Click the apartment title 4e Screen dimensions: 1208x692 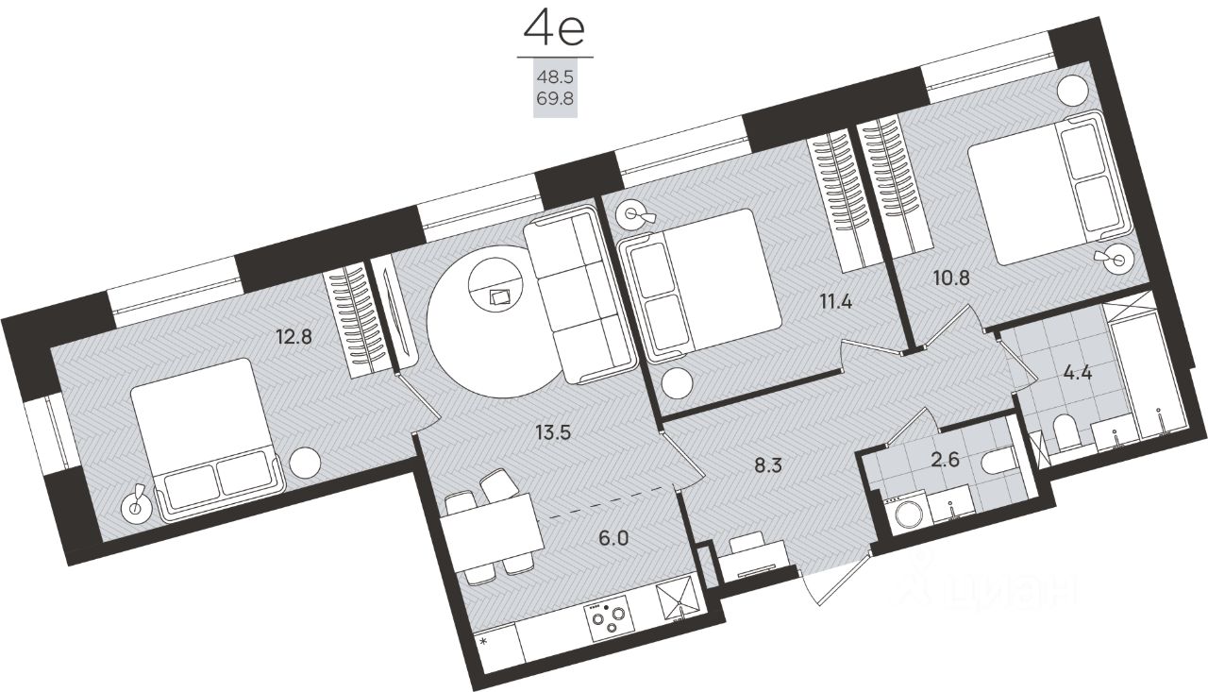(x=554, y=31)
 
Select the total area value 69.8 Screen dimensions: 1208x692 (x=555, y=99)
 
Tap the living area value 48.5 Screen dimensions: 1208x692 (x=555, y=77)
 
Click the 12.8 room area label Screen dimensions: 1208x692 (x=294, y=338)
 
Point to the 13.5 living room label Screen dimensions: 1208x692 (x=553, y=432)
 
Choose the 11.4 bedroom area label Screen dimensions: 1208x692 (x=835, y=301)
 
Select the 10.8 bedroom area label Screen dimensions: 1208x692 (x=952, y=278)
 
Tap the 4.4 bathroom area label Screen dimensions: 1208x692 (x=1078, y=373)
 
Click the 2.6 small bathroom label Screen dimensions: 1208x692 (x=946, y=460)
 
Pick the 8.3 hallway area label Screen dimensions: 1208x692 (x=768, y=464)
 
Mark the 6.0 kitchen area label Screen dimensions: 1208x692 (x=614, y=538)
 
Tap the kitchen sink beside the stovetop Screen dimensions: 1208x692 (x=679, y=599)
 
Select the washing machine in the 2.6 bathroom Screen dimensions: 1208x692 (x=908, y=515)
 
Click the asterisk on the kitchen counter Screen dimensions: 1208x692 (x=484, y=642)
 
